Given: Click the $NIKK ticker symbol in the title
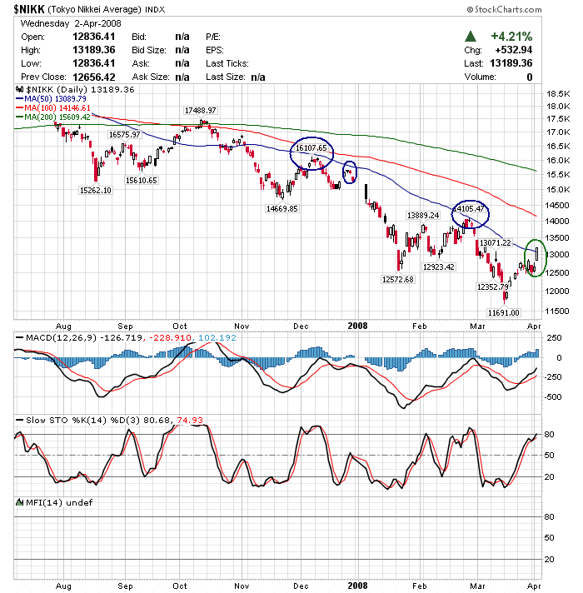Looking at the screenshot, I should pos(28,9).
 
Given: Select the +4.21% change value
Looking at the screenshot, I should pos(508,37).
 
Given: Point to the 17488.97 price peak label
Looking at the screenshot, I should pos(201,110).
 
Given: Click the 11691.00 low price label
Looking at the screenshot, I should pos(503,312).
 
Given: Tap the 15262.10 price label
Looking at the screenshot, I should pos(96,190).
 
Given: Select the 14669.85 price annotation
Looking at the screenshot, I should pos(282,208).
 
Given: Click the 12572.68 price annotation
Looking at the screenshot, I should pos(397,279).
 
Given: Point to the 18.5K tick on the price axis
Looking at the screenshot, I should pos(556,94).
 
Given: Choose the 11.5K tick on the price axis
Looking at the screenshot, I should pos(556,311).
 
